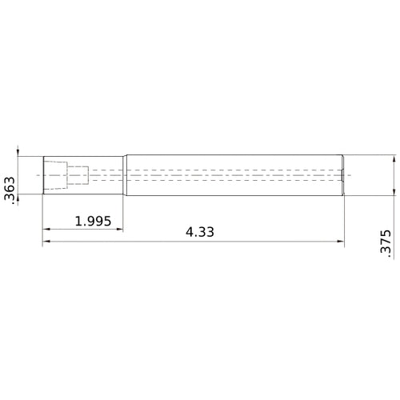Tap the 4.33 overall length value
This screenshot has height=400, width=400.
point(200,232)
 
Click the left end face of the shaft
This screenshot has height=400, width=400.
point(43,175)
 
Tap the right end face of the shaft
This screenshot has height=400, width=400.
point(344,176)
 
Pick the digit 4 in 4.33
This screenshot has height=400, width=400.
point(190,232)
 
